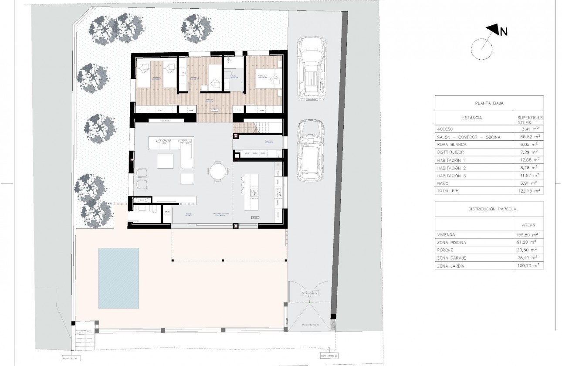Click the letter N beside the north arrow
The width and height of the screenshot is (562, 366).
click(x=504, y=31)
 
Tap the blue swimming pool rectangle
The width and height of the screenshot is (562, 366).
click(x=118, y=277)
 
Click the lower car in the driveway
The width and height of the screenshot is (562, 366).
click(x=311, y=150)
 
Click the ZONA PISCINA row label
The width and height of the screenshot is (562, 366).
click(x=451, y=242)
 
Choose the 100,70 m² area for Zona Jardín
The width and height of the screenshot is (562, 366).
click(x=527, y=265)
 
